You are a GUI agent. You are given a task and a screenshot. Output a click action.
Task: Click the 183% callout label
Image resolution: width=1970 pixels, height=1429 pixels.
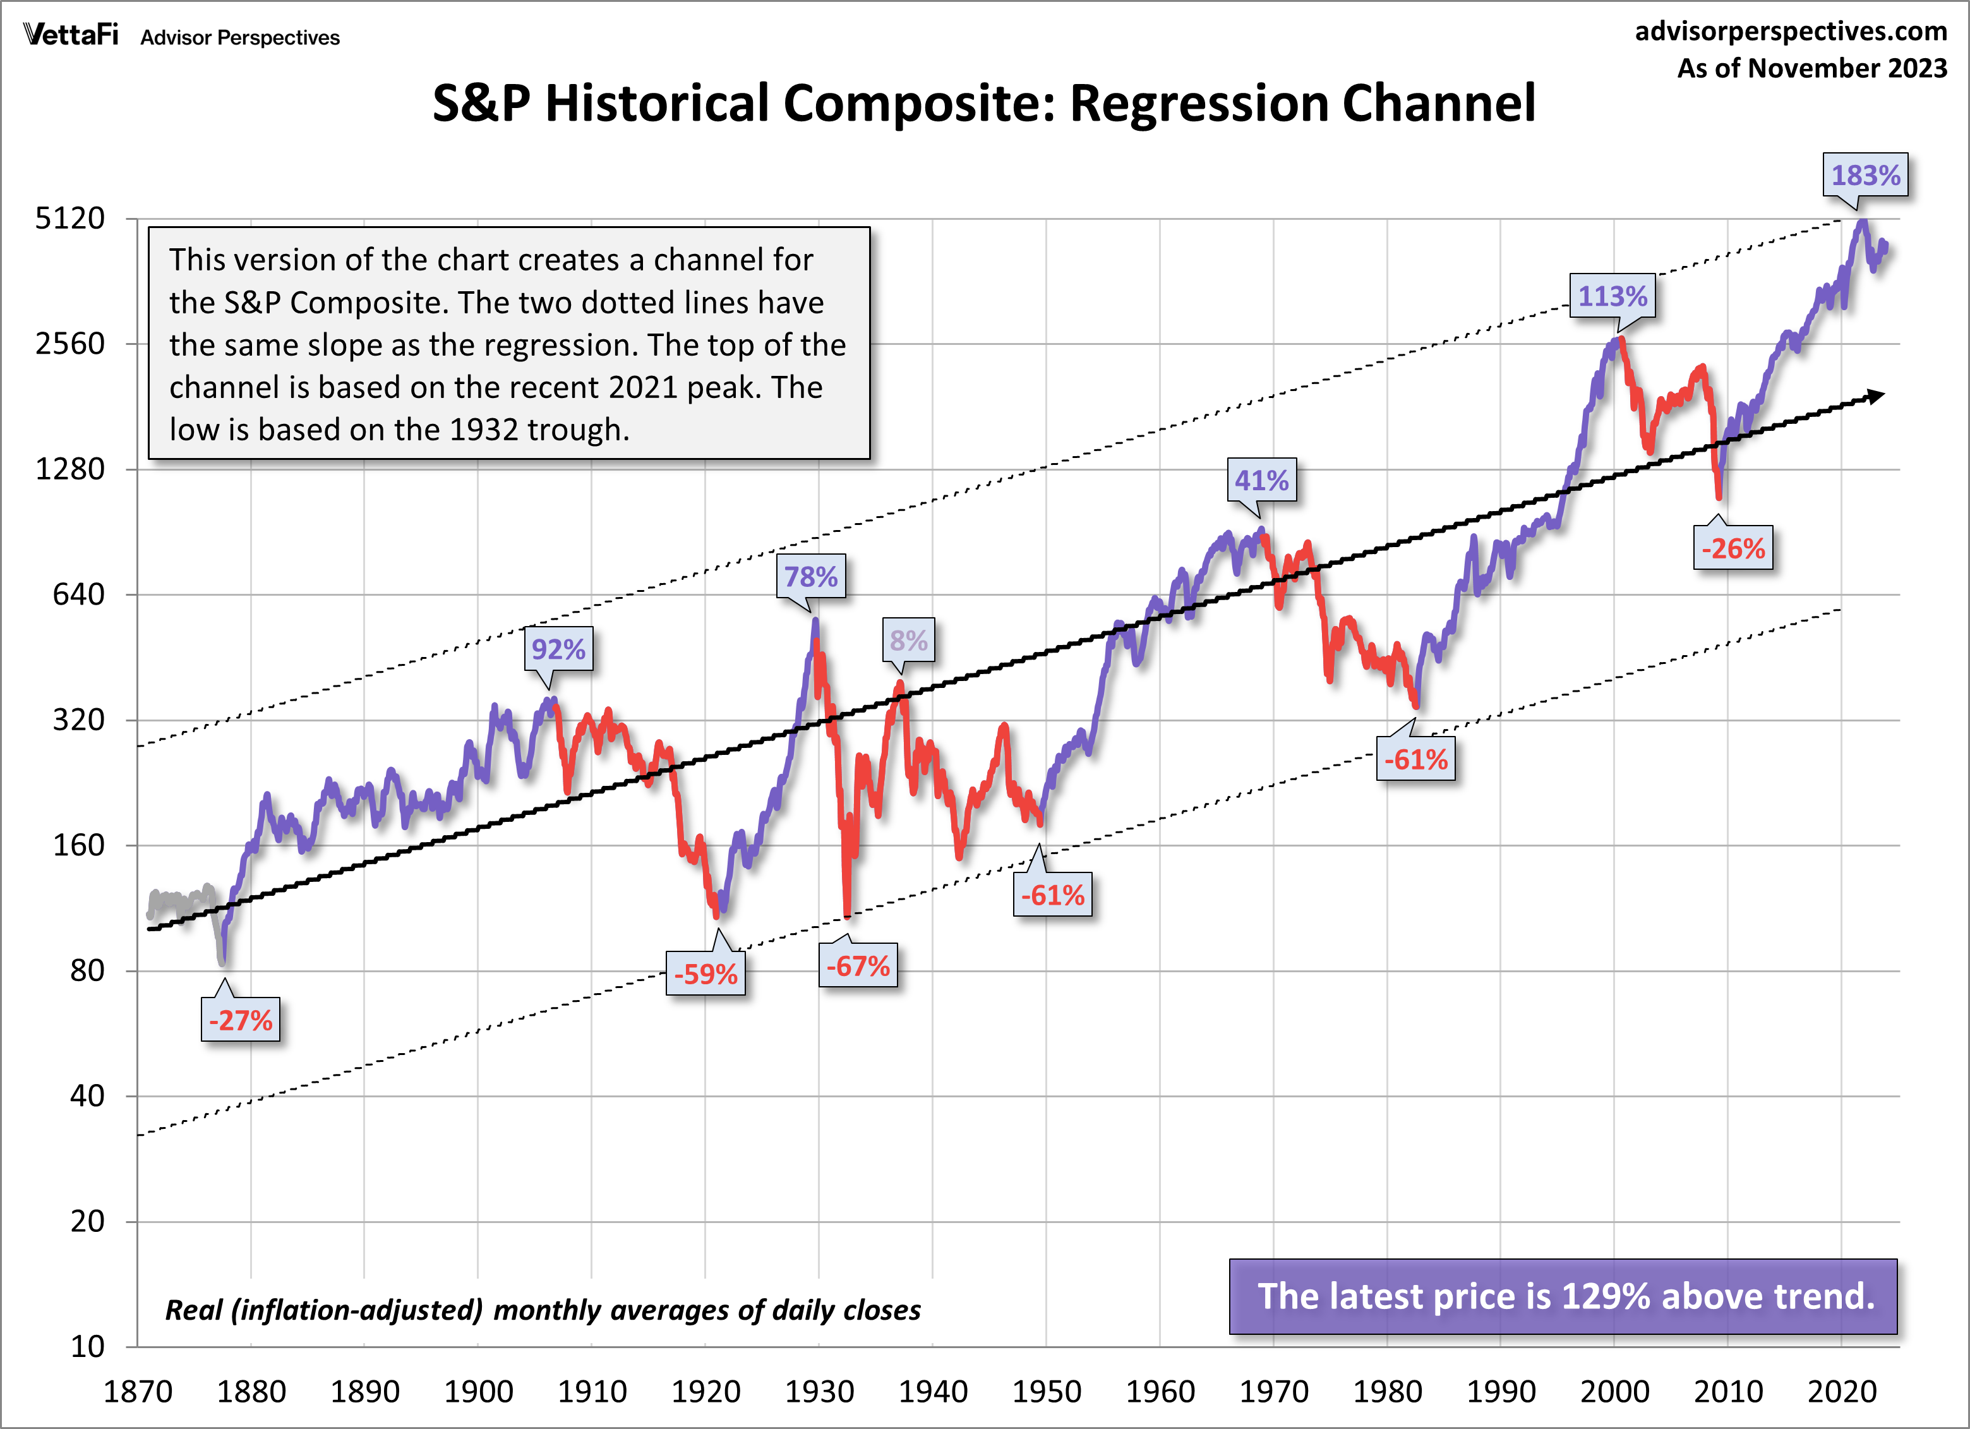[1865, 176]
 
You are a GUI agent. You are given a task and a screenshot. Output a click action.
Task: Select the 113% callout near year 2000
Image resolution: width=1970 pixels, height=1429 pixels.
[1612, 296]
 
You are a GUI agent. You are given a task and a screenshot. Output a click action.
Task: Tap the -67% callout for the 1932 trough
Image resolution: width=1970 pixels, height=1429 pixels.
[857, 966]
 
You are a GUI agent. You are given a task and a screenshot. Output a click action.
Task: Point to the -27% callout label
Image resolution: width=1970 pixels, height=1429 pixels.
[241, 1020]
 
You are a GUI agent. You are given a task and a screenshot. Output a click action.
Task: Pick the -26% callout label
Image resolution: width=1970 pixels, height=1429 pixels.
[1733, 549]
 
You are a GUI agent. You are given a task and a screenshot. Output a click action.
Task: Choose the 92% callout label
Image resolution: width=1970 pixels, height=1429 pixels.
[558, 649]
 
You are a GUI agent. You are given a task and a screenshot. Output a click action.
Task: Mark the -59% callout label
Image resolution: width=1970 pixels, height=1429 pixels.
[706, 974]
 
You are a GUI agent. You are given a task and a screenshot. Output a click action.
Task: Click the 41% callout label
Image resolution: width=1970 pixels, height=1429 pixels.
[1261, 480]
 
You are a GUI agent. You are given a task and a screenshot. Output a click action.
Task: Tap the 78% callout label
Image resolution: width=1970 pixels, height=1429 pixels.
[810, 577]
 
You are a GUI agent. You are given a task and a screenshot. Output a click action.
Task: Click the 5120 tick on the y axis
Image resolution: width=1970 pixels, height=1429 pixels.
[69, 218]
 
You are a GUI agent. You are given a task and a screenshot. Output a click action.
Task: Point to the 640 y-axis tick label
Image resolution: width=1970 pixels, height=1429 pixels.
[78, 595]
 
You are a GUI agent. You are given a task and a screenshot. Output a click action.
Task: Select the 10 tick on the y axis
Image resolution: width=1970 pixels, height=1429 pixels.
[87, 1346]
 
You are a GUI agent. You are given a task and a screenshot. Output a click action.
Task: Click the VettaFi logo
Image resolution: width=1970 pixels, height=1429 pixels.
[71, 35]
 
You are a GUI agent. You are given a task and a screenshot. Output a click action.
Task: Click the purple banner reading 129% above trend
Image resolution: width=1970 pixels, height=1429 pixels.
[1563, 1296]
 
